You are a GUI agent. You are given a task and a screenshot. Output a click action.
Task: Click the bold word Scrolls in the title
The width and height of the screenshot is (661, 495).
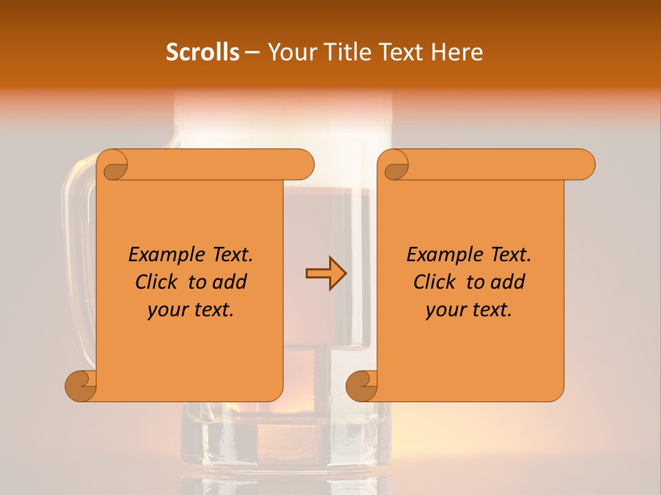tap(202, 52)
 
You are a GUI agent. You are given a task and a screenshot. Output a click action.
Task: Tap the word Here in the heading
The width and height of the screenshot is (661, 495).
tap(457, 52)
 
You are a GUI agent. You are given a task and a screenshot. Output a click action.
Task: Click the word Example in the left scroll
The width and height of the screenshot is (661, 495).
tap(160, 255)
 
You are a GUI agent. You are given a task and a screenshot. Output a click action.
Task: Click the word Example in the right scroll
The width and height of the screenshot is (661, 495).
tap(439, 255)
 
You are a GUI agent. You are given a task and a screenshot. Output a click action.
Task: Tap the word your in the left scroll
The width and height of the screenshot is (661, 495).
tap(166, 310)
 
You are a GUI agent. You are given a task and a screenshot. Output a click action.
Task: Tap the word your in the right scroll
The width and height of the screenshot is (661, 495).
tap(444, 310)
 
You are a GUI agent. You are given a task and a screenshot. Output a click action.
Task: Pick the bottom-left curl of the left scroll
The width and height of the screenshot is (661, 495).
tap(81, 386)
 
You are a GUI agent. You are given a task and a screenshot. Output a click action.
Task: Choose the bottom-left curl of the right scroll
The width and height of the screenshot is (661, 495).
tap(362, 386)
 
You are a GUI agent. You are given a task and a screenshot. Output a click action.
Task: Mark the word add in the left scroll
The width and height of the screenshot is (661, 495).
tap(229, 282)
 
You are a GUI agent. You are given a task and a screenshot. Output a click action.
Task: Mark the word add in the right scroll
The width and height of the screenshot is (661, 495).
tap(507, 282)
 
